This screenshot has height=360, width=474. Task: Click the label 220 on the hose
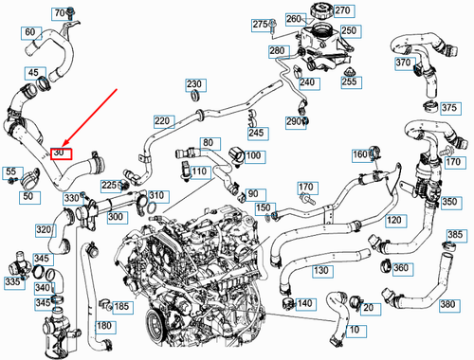(x=162, y=121)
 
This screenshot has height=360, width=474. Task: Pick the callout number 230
(x=194, y=84)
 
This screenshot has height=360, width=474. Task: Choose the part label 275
(x=260, y=24)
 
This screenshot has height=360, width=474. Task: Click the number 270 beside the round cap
(x=341, y=10)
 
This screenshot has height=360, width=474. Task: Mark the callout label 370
(x=403, y=63)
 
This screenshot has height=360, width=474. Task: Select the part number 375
(x=448, y=108)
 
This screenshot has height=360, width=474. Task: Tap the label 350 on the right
(x=449, y=202)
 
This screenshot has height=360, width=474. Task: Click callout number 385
(x=455, y=235)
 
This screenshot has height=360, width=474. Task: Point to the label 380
(x=448, y=305)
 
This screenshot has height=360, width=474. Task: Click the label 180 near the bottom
(x=103, y=326)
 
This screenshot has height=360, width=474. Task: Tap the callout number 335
(x=13, y=281)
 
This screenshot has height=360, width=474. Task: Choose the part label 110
(x=198, y=171)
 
